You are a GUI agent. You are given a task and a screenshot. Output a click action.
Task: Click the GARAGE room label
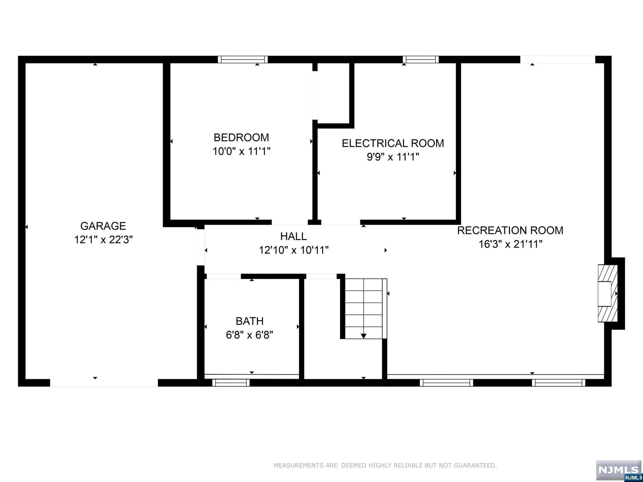click(103, 226)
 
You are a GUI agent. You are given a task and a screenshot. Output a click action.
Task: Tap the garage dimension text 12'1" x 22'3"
click(103, 240)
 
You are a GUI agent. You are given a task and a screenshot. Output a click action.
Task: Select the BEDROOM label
click(241, 137)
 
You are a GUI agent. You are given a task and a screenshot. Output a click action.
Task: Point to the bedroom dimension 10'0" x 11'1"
click(241, 151)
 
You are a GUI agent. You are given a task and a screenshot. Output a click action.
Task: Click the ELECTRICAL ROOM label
click(393, 143)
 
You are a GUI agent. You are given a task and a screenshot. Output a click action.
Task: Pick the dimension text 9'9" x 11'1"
click(393, 157)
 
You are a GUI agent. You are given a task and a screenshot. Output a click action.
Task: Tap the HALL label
click(293, 236)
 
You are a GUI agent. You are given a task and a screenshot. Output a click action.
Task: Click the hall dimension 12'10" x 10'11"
click(294, 250)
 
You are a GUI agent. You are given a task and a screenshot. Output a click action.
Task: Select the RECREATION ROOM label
click(510, 230)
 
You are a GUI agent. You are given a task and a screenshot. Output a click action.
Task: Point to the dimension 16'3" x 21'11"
click(510, 244)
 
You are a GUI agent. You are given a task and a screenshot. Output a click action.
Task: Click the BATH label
click(250, 321)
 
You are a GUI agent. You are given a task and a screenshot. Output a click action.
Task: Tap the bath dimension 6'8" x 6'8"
click(250, 335)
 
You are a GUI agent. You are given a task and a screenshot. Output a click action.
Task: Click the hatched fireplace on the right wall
click(608, 293)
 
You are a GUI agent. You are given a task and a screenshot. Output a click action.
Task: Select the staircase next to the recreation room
click(364, 308)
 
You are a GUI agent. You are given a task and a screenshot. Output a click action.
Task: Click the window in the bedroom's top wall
click(243, 60)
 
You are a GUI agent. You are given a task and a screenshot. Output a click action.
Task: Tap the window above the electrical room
click(421, 60)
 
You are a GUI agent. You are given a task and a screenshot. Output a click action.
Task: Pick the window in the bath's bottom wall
click(231, 383)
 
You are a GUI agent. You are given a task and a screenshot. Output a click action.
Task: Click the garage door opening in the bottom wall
click(104, 383)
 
